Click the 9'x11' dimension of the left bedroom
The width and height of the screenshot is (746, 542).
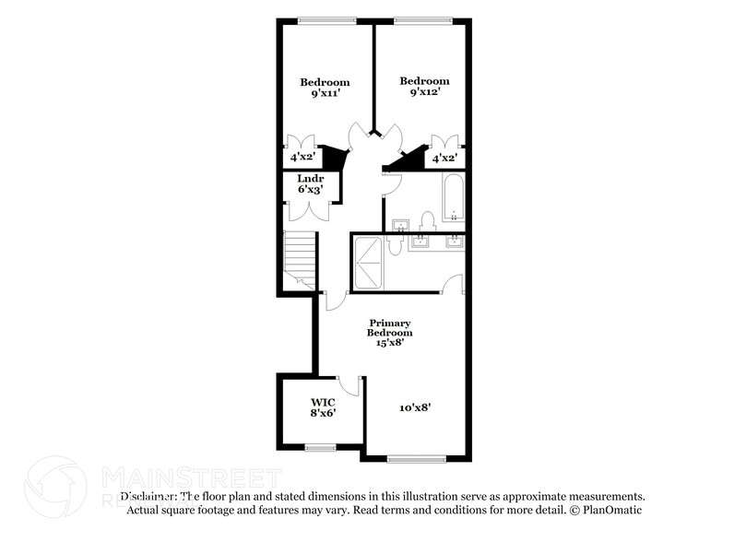(324, 93)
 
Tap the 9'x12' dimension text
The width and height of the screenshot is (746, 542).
(424, 92)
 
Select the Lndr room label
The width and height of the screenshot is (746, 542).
(309, 178)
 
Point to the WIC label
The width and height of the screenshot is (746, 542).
(322, 403)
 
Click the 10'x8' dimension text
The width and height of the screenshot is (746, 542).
(415, 406)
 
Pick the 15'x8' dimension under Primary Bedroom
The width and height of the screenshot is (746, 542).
(389, 343)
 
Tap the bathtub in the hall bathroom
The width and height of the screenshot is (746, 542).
(452, 199)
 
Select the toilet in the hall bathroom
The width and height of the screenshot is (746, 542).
(427, 221)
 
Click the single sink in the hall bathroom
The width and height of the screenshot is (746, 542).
(401, 226)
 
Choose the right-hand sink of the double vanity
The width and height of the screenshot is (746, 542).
(454, 242)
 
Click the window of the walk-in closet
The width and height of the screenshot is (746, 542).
(320, 448)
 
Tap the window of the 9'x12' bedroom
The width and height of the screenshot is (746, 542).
(421, 20)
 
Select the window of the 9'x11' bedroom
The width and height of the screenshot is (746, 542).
(327, 20)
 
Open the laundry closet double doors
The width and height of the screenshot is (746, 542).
(303, 209)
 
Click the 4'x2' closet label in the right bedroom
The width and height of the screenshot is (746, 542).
(444, 159)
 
